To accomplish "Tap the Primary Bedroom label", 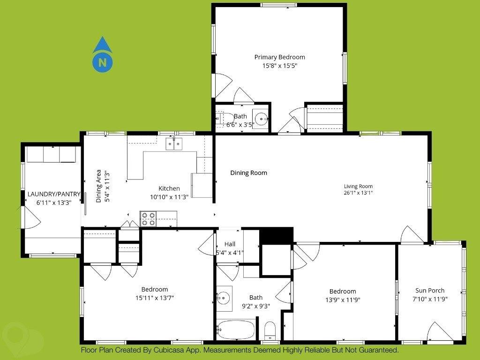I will tap(280, 57).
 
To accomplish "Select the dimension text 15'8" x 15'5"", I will tap(280, 66).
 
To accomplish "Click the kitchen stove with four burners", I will tap(149, 219).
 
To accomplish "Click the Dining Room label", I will tap(248, 173).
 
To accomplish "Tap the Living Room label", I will tap(358, 186).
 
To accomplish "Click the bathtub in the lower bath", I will tap(236, 329).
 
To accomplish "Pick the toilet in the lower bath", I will tap(270, 331).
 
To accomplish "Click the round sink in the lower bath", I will tap(224, 297).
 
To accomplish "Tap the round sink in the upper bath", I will tap(261, 118).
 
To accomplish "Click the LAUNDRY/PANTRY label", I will tap(54, 194).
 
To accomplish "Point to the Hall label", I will tap(230, 244).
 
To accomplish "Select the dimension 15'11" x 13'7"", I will tap(155, 298).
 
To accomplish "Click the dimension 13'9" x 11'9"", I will tap(343, 300).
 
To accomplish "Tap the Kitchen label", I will tap(169, 188).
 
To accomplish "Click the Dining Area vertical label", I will tap(99, 186).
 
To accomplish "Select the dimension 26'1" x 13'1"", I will tap(358, 193).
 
